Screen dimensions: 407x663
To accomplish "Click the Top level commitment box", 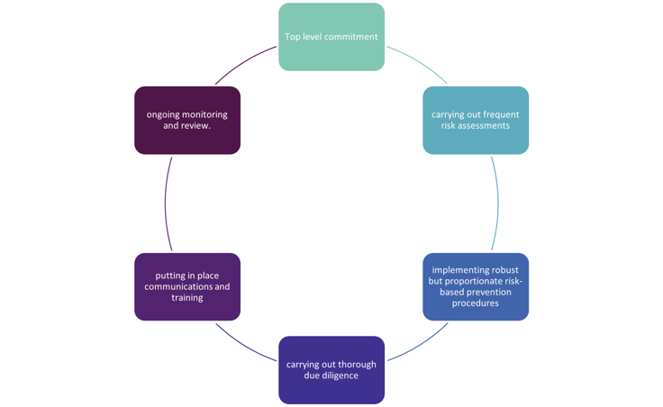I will (331, 37).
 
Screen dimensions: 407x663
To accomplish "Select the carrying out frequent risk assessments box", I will (476, 120).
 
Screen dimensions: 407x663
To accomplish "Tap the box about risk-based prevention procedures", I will (476, 286).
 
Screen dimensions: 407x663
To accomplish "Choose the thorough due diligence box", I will (331, 369).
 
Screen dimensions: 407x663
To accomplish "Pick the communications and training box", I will (187, 286).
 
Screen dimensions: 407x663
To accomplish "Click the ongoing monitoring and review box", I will (187, 120).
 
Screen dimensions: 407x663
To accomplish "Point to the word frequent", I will (501, 114).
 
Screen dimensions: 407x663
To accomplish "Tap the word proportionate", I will (481, 281).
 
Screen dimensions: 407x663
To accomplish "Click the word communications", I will (179, 286).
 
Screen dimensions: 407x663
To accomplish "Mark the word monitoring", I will (205, 114).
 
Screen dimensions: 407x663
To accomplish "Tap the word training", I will (187, 298).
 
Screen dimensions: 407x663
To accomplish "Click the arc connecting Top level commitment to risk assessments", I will (422, 63).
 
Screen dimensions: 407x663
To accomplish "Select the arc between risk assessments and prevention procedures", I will (498, 203).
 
